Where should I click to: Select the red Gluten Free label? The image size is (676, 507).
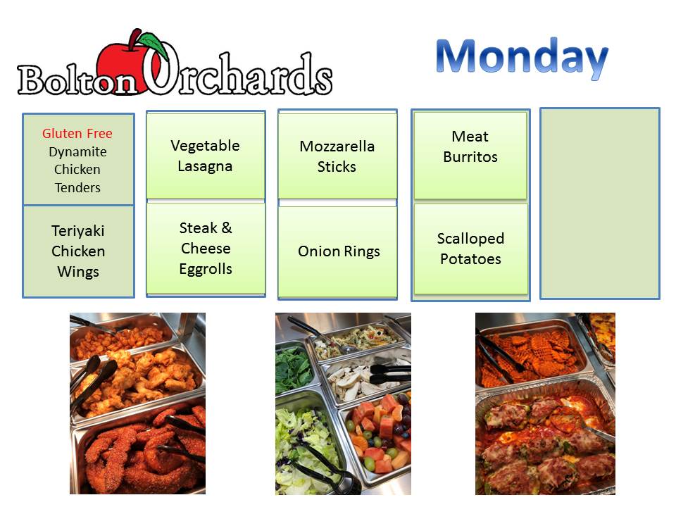pos(77,134)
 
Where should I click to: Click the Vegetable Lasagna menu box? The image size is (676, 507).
pos(206,156)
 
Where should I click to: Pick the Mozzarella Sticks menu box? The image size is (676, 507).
pos(337,156)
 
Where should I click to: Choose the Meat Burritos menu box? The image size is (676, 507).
pos(470,156)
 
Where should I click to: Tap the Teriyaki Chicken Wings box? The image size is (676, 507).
pos(78,251)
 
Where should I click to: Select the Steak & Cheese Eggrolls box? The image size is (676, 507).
pos(206,249)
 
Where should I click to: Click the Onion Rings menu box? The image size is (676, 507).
pos(337,252)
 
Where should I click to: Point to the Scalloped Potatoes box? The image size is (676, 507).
pos(471,249)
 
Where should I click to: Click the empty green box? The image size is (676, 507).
pos(600,204)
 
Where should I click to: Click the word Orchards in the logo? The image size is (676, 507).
pos(237,71)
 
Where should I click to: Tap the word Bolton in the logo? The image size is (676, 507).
pos(77,80)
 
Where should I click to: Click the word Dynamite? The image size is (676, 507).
pos(77,152)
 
